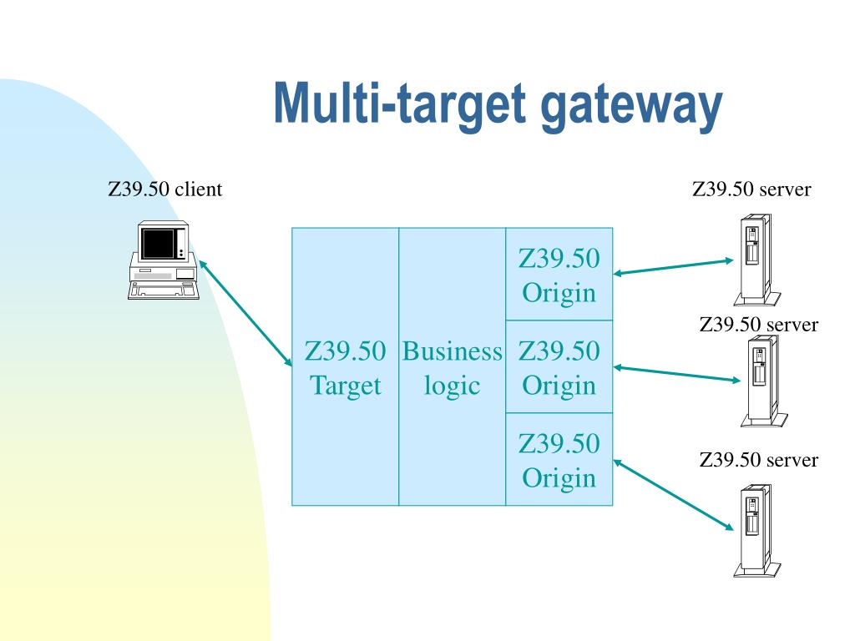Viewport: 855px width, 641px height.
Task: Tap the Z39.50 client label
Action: point(165,189)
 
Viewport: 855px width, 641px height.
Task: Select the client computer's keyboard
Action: point(163,290)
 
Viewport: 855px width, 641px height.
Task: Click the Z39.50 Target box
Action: point(345,367)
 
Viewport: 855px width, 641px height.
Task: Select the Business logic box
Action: point(452,367)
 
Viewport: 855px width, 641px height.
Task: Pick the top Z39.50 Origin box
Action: point(559,275)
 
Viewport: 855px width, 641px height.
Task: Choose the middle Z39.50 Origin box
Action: point(559,367)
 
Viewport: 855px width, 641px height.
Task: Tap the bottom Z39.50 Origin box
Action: point(559,460)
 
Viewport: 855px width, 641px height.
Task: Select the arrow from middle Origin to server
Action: point(676,373)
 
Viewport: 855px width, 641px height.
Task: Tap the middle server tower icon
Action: point(760,380)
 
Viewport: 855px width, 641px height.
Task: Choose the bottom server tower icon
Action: point(755,530)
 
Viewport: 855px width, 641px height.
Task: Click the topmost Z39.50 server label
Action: point(751,189)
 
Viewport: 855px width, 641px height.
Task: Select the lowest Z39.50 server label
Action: point(758,460)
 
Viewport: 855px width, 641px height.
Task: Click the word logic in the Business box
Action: point(452,386)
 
